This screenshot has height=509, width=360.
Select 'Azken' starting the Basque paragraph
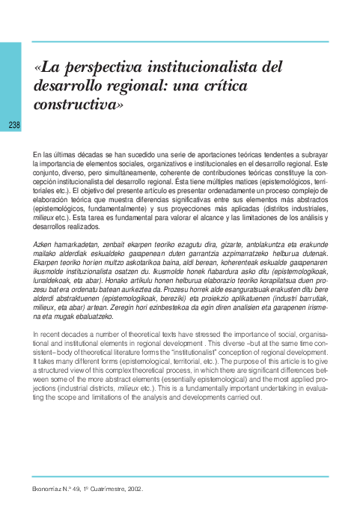pyautogui.click(x=44, y=245)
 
